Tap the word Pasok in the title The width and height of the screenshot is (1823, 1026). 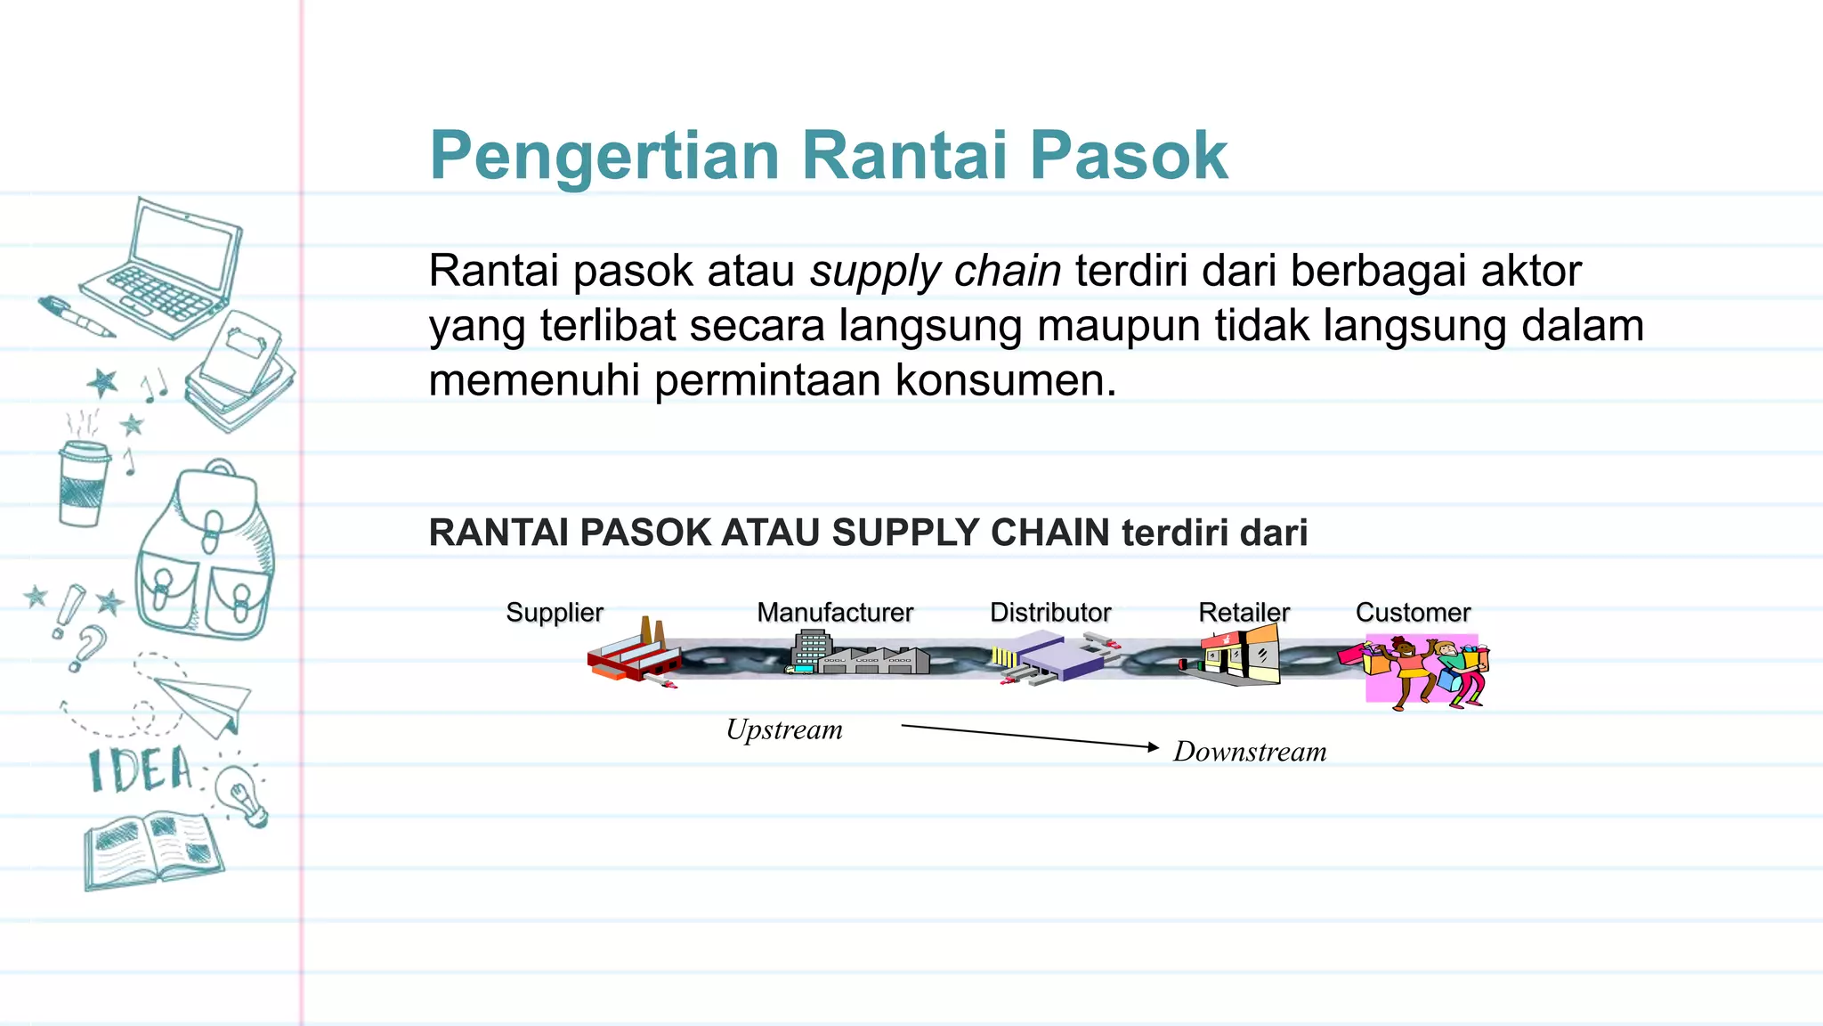click(x=1129, y=155)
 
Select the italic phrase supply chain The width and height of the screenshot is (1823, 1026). click(x=935, y=271)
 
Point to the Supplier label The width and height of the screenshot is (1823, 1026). click(x=555, y=613)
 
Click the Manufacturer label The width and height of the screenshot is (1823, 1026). click(x=835, y=613)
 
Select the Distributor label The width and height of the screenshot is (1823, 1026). click(x=1050, y=613)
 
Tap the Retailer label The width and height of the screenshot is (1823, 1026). click(x=1244, y=613)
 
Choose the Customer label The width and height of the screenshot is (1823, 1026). click(x=1413, y=613)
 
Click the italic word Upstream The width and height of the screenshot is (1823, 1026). click(x=784, y=730)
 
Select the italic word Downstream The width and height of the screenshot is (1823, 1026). click(x=1250, y=752)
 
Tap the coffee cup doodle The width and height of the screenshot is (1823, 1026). click(x=83, y=481)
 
